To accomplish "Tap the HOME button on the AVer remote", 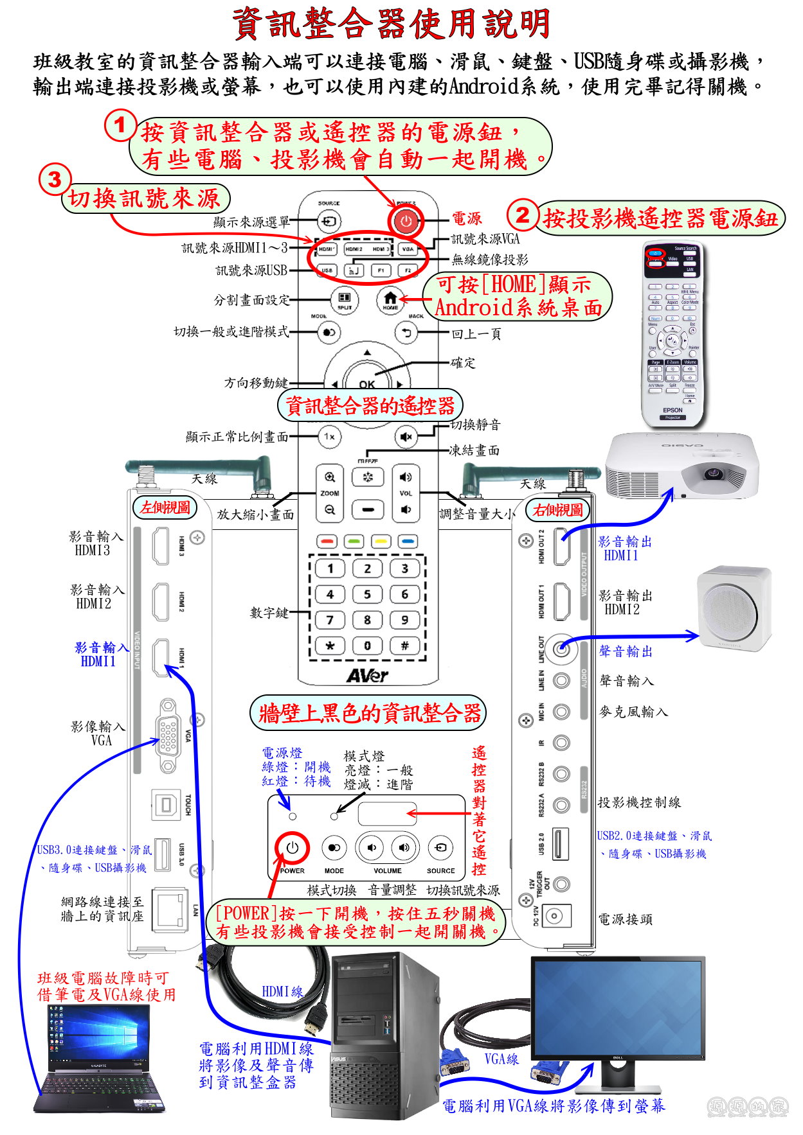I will [390, 299].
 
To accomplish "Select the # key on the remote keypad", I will [404, 646].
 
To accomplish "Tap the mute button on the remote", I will [406, 437].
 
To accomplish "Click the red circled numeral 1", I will [120, 125].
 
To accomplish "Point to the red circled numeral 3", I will [55, 179].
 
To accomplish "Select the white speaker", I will [734, 608].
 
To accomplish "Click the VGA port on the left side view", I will [168, 735].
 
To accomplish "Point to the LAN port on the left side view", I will [169, 909].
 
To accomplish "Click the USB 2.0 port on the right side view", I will [561, 844].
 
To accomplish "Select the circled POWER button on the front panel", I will [293, 848].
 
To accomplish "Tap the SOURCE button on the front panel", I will [440, 848].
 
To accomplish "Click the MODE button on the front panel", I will [334, 848].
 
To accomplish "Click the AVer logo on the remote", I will [367, 675].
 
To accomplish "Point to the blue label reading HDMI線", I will [282, 992].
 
